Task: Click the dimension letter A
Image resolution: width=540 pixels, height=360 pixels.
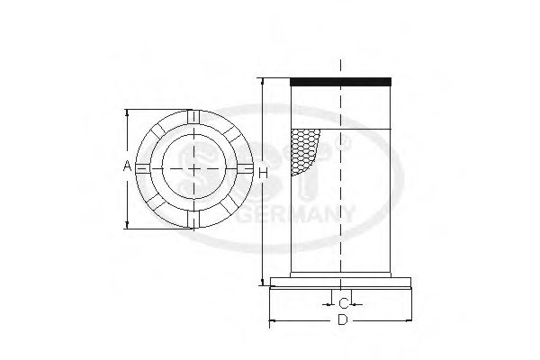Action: tap(128, 167)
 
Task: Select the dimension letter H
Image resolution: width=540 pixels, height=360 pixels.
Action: tap(262, 172)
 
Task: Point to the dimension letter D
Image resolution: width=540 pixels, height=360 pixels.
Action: tap(342, 319)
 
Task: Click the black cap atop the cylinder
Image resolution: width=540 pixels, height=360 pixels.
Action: tap(341, 82)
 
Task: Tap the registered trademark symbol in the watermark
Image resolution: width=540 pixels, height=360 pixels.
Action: tap(341, 143)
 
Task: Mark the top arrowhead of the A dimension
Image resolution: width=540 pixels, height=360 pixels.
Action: tap(128, 114)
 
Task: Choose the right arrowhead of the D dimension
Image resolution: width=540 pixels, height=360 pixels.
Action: tap(411, 319)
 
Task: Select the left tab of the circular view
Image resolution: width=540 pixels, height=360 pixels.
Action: tap(139, 169)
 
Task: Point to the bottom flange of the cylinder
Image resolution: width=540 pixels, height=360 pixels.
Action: tap(342, 284)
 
